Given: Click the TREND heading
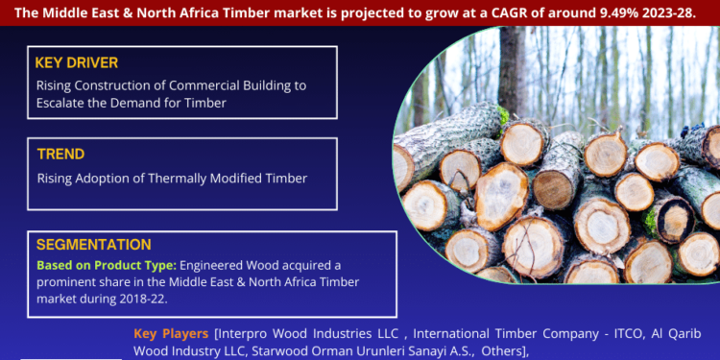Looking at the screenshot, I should click(x=61, y=154).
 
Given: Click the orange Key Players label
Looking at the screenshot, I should click(x=171, y=333).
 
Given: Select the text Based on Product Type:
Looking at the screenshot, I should click(x=106, y=264).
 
